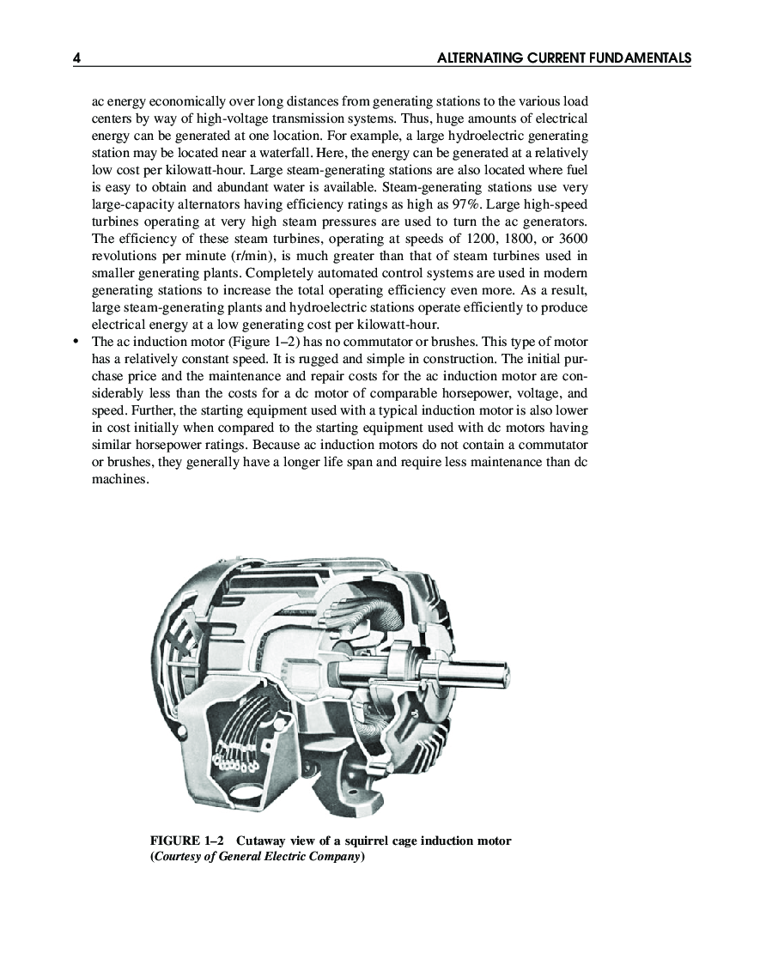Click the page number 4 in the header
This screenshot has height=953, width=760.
coord(77,58)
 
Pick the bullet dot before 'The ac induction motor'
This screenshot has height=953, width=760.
coord(76,341)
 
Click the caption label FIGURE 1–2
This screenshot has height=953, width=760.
coord(187,841)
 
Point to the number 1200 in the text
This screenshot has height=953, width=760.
coord(481,238)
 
